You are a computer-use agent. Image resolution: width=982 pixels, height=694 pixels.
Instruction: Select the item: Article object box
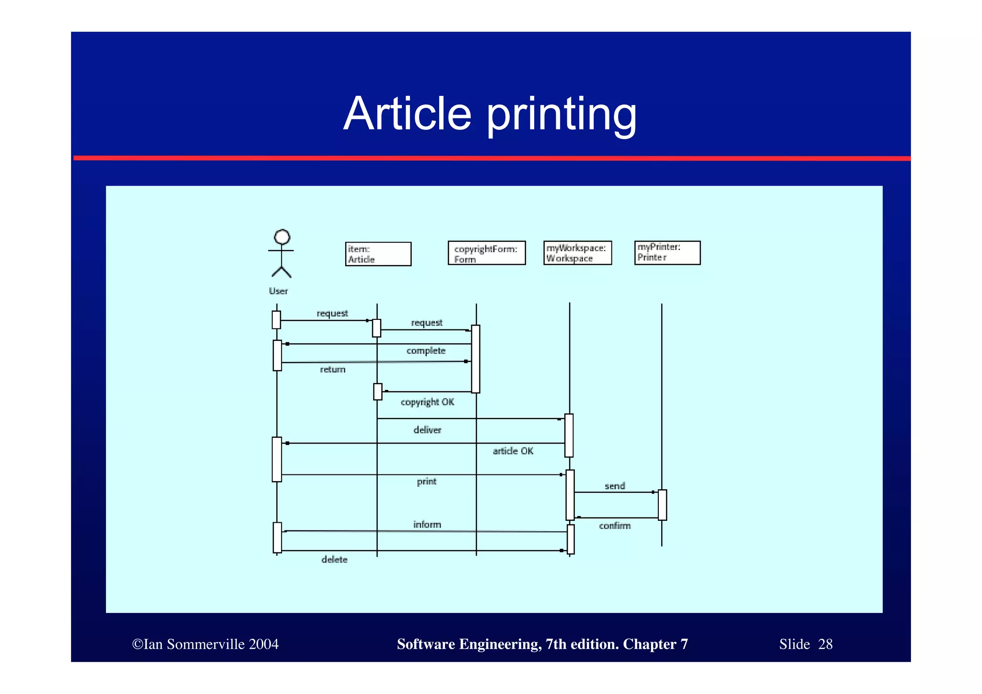(378, 254)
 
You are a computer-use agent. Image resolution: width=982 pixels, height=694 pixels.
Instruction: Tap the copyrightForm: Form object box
(486, 253)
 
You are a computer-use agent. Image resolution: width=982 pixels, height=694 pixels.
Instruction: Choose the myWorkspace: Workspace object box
(577, 253)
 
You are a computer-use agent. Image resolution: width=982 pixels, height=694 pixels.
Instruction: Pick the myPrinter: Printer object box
(667, 252)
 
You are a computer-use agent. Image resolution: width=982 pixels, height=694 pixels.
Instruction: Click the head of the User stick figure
(282, 237)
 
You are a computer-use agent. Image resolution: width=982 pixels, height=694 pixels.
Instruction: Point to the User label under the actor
(278, 291)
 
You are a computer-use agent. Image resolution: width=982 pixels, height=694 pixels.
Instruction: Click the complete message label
(426, 351)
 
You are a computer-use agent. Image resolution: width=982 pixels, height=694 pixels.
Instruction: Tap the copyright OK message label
(427, 402)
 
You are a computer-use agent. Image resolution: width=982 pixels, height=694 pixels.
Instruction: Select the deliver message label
(427, 430)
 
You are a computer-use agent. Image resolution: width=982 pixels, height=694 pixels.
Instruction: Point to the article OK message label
(513, 451)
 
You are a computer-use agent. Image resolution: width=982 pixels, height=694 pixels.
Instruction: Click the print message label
(426, 481)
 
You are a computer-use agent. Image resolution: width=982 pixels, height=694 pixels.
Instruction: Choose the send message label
(615, 486)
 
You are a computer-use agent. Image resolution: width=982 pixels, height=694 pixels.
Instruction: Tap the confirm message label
(615, 526)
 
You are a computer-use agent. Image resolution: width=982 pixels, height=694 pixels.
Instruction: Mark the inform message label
(427, 524)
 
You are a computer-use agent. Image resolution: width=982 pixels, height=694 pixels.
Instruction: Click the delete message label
(334, 559)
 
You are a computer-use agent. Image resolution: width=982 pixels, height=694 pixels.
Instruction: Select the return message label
(333, 369)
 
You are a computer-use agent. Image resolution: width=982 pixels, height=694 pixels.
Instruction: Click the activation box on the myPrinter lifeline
(662, 505)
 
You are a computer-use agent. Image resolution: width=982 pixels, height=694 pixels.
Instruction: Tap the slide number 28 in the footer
(825, 644)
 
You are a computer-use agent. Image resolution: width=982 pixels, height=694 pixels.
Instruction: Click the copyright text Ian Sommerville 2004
(205, 644)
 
